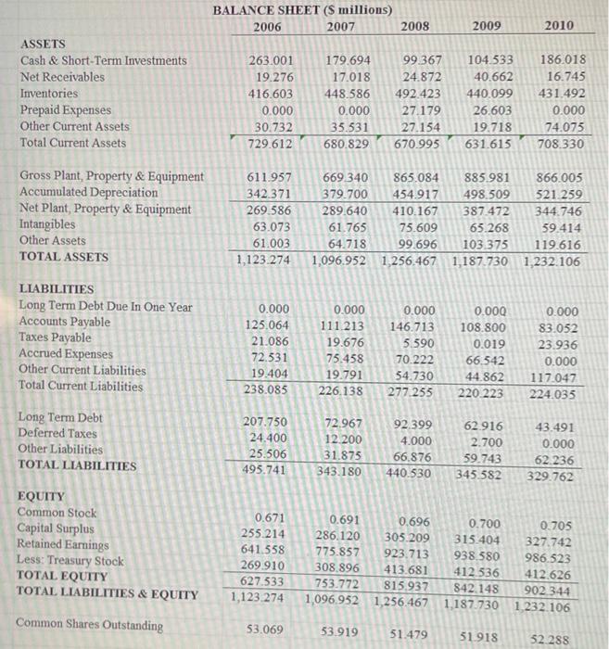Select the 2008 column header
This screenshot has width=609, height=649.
(x=414, y=26)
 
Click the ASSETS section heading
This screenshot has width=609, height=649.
(x=43, y=44)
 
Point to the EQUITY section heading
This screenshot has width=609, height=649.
(x=43, y=496)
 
